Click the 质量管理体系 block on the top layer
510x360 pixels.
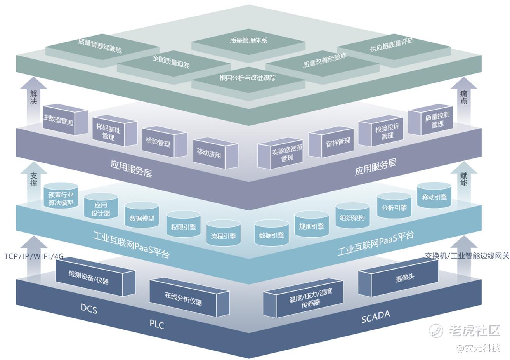click(x=248, y=40)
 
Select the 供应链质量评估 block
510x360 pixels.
click(x=392, y=45)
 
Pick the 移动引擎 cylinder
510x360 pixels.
click(x=434, y=197)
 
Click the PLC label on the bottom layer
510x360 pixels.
click(x=157, y=324)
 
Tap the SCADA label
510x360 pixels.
click(x=375, y=317)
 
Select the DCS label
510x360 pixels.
click(x=89, y=309)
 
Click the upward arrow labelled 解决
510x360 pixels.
click(x=33, y=97)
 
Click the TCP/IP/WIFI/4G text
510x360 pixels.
click(x=34, y=257)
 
